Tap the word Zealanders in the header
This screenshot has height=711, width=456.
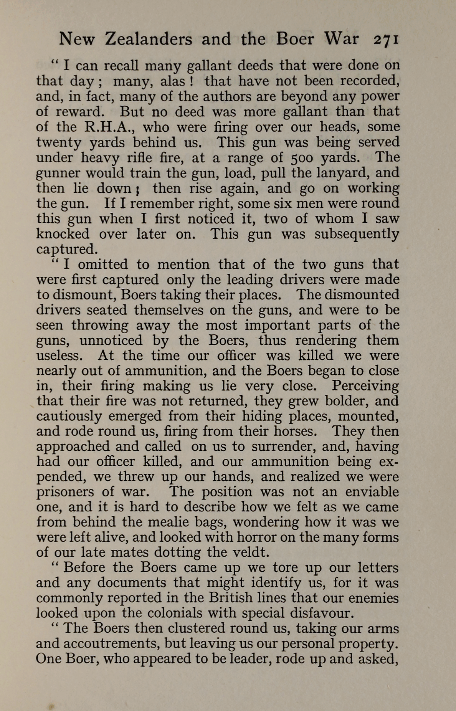tap(148, 39)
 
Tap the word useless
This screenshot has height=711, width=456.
tap(59, 355)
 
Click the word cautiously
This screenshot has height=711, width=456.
tap(69, 416)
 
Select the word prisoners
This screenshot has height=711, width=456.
tap(64, 492)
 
